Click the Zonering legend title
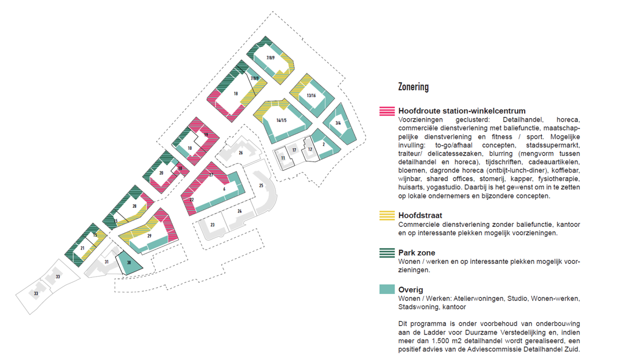click(x=414, y=87)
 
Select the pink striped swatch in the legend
click(x=387, y=111)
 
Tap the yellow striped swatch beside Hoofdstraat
click(x=387, y=215)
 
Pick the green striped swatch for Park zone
click(x=387, y=253)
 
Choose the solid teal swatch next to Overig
click(x=387, y=289)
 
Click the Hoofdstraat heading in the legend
click(x=420, y=215)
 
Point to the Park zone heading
click(x=416, y=253)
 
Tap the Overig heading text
click(x=411, y=290)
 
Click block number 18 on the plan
click(x=236, y=94)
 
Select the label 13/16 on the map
click(x=311, y=95)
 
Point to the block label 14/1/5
click(x=281, y=120)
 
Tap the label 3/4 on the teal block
click(x=338, y=123)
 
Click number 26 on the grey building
click(x=240, y=153)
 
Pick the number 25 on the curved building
click(x=261, y=186)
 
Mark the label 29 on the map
click(x=149, y=236)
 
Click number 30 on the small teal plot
click(x=129, y=262)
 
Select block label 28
click(x=134, y=206)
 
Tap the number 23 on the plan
click(x=213, y=225)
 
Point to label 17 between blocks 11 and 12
click(x=294, y=150)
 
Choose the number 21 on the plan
click(x=82, y=248)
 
